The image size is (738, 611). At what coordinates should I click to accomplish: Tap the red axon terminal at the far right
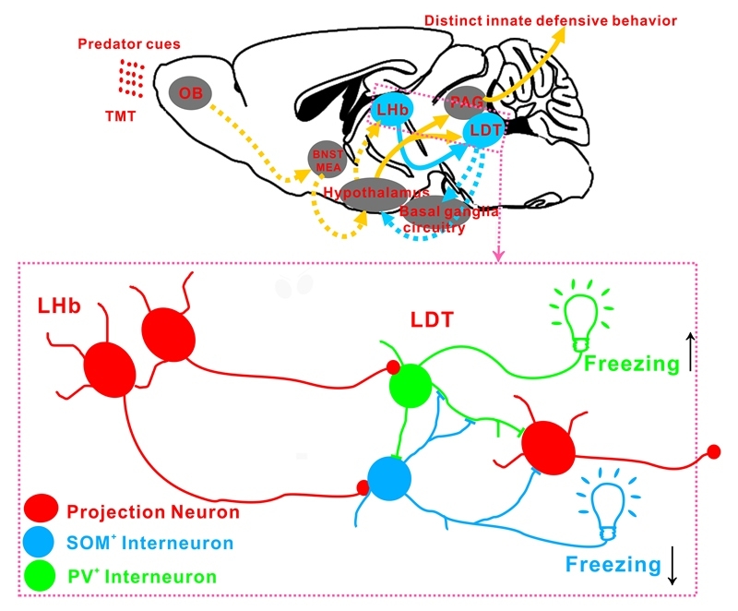[x=713, y=451]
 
